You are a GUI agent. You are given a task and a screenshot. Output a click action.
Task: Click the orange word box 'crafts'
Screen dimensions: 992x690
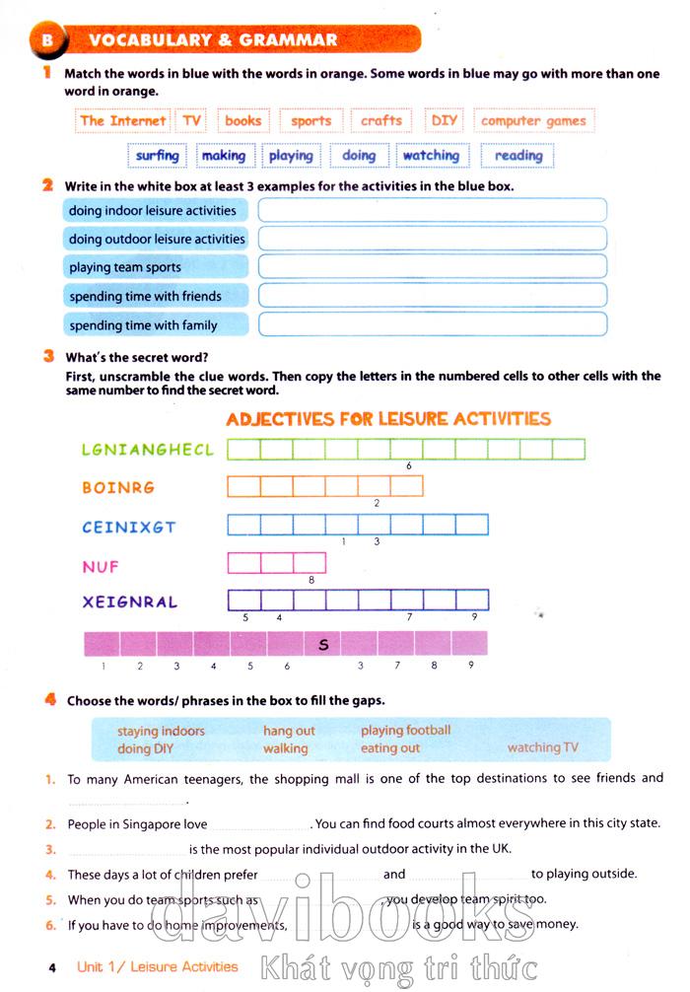[381, 121]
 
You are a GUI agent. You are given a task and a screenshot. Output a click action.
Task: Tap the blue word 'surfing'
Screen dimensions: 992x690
[158, 156]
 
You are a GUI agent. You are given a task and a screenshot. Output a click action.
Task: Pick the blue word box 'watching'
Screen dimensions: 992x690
[431, 156]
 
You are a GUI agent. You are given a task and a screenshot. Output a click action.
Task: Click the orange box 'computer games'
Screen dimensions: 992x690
[533, 121]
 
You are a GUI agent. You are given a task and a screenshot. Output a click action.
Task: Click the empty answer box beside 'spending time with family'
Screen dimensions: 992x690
[432, 324]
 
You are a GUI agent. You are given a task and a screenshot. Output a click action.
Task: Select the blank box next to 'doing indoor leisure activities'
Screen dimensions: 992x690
[432, 210]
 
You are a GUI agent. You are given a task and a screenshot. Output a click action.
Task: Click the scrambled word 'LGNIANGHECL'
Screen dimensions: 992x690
[148, 450]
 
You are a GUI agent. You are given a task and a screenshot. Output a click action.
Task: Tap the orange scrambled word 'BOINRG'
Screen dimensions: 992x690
[118, 487]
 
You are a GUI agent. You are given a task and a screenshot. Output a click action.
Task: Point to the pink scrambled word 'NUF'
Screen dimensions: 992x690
[102, 565]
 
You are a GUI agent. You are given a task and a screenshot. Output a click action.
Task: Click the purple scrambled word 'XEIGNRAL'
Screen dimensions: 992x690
[130, 602]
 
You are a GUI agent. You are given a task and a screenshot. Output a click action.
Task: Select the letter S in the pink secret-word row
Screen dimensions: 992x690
[323, 646]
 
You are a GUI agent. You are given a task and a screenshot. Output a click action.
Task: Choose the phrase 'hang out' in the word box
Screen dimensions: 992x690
[289, 731]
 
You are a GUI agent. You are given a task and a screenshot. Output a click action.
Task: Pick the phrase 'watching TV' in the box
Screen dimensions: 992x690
[542, 747]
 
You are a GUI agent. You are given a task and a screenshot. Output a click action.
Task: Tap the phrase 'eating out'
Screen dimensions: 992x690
[390, 748]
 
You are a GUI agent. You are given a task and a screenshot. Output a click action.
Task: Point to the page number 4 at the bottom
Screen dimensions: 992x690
[52, 967]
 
